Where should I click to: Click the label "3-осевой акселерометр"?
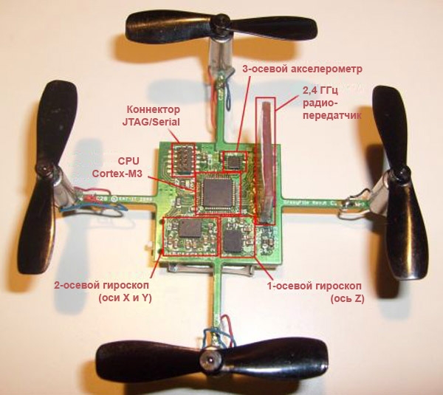[x=302, y=69]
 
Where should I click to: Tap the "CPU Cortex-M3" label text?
[x=117, y=167]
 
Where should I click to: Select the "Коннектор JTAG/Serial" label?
[x=151, y=116]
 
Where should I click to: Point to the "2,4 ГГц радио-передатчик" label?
[x=332, y=103]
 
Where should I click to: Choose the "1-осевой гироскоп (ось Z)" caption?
[x=315, y=292]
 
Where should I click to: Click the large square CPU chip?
[x=218, y=192]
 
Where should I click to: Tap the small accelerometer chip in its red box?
[x=234, y=161]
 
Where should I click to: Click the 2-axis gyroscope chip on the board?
[x=190, y=229]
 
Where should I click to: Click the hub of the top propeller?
[x=221, y=21]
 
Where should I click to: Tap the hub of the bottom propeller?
[x=210, y=361]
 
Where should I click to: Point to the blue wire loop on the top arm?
[x=227, y=90]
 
